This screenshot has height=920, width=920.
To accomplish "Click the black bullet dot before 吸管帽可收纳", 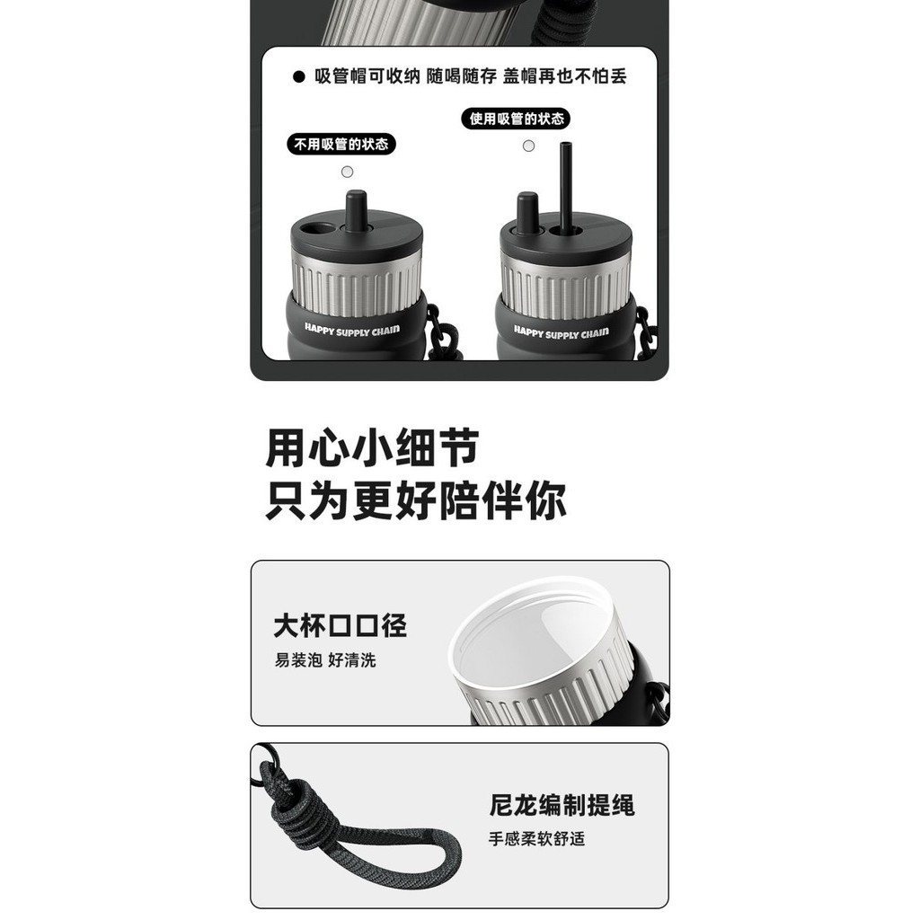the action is tap(298, 77).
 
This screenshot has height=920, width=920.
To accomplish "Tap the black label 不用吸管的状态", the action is tap(341, 145).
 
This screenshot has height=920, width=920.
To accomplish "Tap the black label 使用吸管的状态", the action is tap(516, 119).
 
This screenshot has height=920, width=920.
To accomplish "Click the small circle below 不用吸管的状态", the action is tap(348, 172).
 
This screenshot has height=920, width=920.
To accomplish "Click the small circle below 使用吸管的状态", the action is tap(528, 146).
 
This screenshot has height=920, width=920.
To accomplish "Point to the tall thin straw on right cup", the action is tap(566, 187).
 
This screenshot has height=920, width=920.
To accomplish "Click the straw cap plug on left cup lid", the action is tap(356, 210).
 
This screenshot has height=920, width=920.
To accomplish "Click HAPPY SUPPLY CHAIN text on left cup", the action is tap(352, 331).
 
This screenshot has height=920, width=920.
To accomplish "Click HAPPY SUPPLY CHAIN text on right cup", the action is tap(562, 333).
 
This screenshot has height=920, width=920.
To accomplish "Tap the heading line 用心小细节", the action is tap(372, 448).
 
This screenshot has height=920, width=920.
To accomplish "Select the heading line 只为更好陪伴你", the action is tap(415, 500).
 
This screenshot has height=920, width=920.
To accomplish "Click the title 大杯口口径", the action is tap(341, 625).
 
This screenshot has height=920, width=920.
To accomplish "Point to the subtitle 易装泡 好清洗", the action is tap(325, 660).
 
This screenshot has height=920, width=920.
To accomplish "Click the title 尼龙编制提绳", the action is tap(562, 805).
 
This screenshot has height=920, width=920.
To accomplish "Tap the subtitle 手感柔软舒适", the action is tap(537, 839).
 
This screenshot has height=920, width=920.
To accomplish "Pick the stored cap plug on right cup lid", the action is tap(526, 212).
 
